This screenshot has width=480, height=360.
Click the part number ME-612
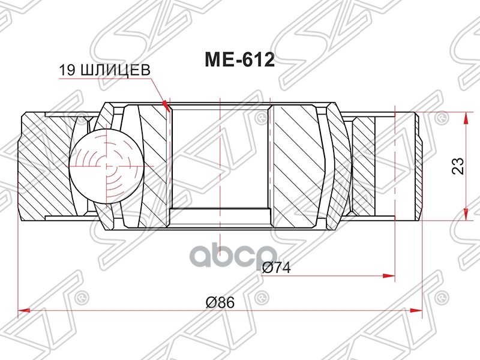pos(240,60)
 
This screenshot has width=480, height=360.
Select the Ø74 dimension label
pos(276,268)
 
